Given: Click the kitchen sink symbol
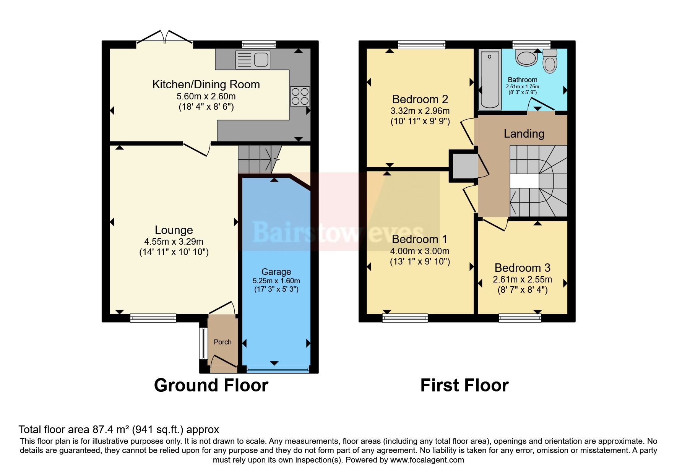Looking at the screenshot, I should click(x=253, y=60).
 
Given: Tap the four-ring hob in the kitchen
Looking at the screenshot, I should click(x=300, y=96).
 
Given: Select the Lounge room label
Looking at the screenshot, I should click(x=174, y=230).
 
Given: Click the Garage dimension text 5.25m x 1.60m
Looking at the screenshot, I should click(x=276, y=281).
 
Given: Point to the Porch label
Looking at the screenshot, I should click(x=222, y=342).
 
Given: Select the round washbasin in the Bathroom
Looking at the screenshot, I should click(x=526, y=58).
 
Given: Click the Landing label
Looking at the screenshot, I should click(x=524, y=134).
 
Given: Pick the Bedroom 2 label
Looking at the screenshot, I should click(x=420, y=99).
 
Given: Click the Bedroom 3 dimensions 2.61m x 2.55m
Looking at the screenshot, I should click(x=522, y=279).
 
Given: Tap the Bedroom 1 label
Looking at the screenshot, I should click(x=419, y=239).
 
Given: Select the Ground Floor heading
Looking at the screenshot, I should click(x=211, y=385).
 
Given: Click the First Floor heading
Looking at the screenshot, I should click(x=464, y=385).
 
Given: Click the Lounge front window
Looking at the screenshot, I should click(x=153, y=317).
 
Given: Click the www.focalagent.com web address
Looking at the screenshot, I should click(x=427, y=460).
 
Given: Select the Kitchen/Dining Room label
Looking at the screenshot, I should click(x=206, y=84).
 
